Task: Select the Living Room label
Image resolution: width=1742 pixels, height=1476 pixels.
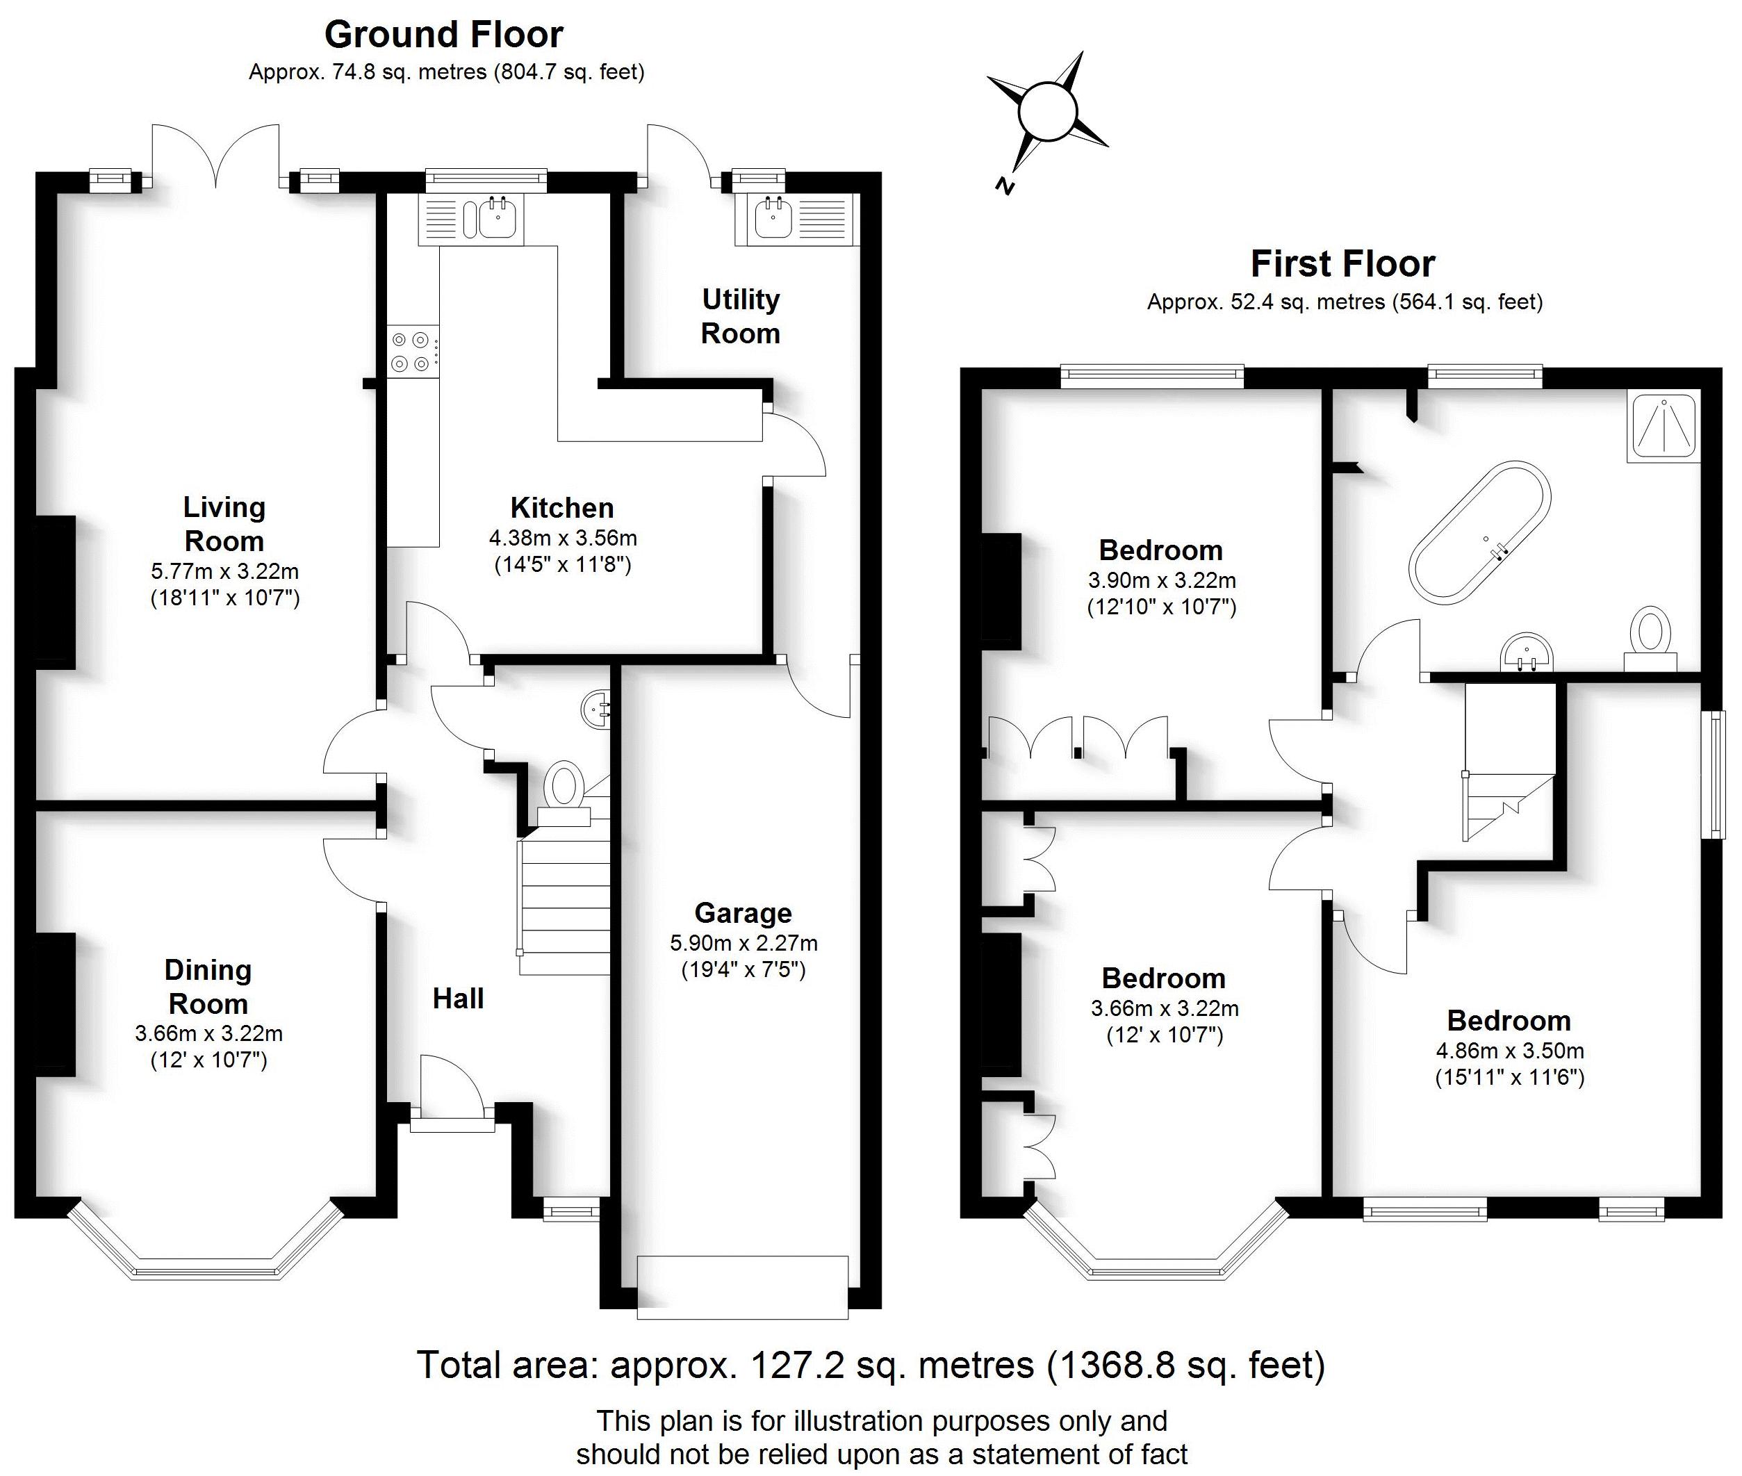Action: point(224,524)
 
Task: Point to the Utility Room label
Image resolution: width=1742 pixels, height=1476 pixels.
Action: point(741,316)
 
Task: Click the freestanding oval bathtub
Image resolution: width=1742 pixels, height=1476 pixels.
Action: point(1479,532)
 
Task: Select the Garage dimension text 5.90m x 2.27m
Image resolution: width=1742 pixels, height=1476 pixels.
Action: point(743,943)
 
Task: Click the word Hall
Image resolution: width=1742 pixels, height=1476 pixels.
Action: point(458,998)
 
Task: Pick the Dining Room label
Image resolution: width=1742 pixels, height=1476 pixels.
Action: point(208,987)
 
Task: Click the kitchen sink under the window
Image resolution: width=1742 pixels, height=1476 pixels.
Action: point(499,218)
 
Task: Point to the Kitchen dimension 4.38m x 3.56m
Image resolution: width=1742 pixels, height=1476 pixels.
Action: point(563,537)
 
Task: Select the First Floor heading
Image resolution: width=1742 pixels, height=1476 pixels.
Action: point(1343,264)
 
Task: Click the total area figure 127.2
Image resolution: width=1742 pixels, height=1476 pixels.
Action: point(794,1365)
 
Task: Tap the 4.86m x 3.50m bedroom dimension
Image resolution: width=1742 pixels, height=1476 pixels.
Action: point(1510,1050)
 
